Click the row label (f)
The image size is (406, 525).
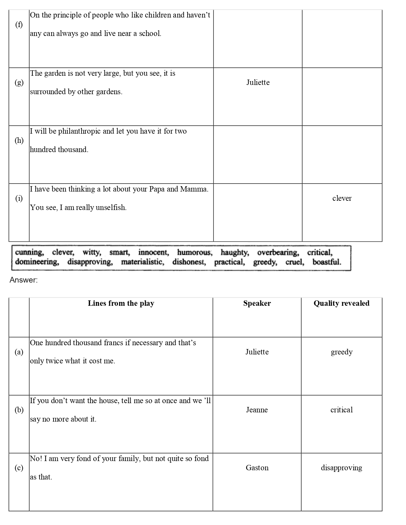pos(19,24)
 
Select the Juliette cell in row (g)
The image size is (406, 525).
pos(258,83)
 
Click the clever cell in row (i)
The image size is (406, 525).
pos(342,198)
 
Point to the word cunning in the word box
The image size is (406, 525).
pos(29,253)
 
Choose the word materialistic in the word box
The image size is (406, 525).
pos(143,262)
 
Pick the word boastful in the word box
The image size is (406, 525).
pos(327,262)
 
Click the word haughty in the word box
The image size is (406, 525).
pos(235,253)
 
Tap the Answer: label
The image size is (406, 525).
pos(24,280)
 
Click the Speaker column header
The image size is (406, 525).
pos(257,303)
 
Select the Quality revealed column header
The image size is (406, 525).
pos(341,303)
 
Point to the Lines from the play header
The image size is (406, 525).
pos(121,303)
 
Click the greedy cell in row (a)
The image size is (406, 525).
pos(342,352)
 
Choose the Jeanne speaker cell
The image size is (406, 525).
pos(257,410)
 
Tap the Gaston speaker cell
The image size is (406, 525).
pos(257,468)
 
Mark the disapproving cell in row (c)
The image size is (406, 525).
pos(341,468)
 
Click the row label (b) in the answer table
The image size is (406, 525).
pos(19,410)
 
